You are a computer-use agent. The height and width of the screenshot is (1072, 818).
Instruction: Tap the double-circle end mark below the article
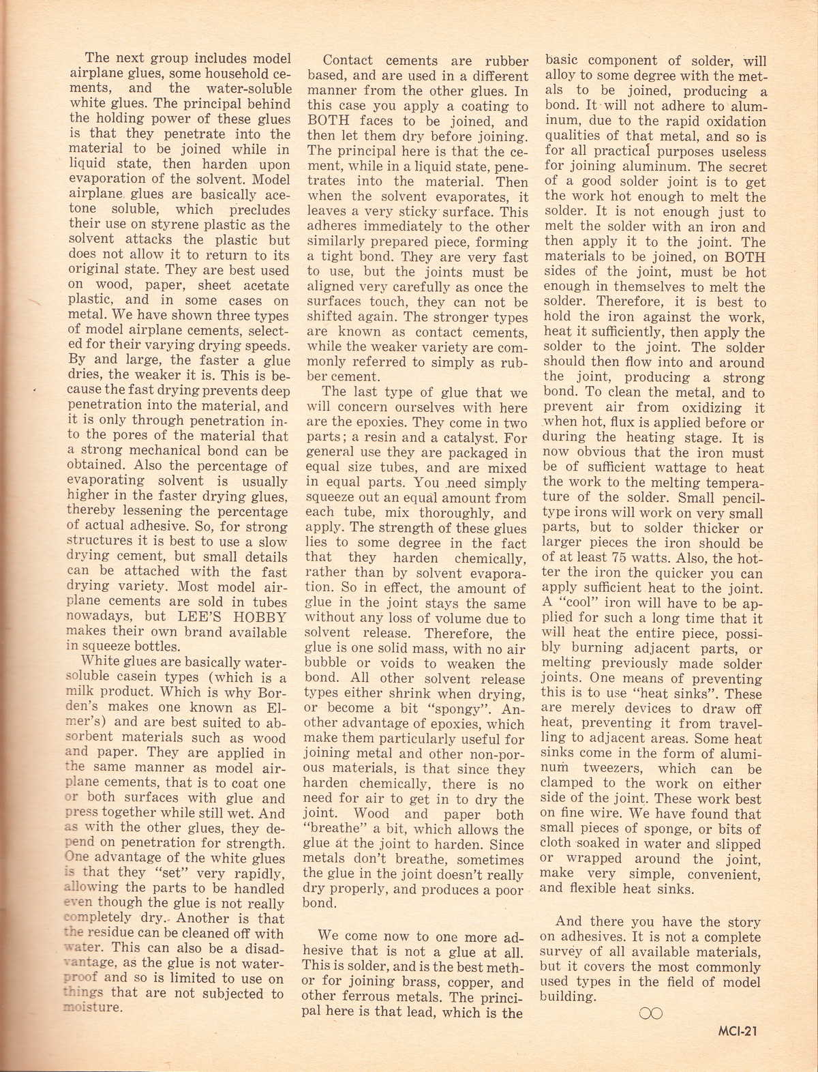click(x=651, y=1014)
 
